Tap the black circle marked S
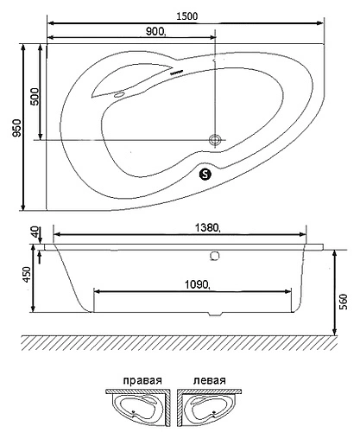tap(205, 173)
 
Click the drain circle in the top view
tap(215, 138)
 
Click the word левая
tap(210, 380)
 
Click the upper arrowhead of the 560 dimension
tap(333, 250)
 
